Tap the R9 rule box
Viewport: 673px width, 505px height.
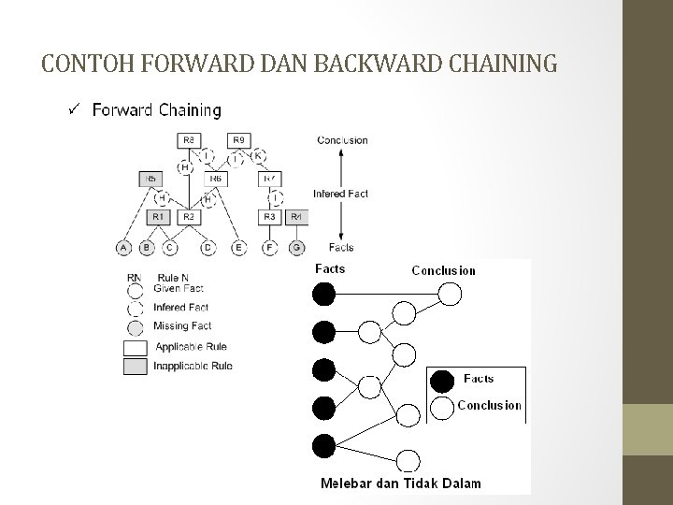[238, 140]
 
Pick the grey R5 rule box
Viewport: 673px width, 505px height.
[150, 178]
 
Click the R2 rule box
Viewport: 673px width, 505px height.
[188, 217]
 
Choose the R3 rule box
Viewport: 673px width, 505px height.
[270, 217]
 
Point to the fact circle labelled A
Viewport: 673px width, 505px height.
[123, 248]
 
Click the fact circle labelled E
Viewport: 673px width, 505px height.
[238, 248]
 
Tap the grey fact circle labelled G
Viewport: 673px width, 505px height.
[297, 248]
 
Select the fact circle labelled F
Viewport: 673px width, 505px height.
[270, 248]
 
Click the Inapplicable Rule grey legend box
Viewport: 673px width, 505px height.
[136, 366]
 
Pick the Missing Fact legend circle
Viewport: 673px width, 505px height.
[136, 326]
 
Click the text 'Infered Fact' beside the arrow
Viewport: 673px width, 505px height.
[340, 195]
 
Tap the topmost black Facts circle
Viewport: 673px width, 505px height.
[323, 295]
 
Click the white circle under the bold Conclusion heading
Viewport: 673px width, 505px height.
[451, 295]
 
